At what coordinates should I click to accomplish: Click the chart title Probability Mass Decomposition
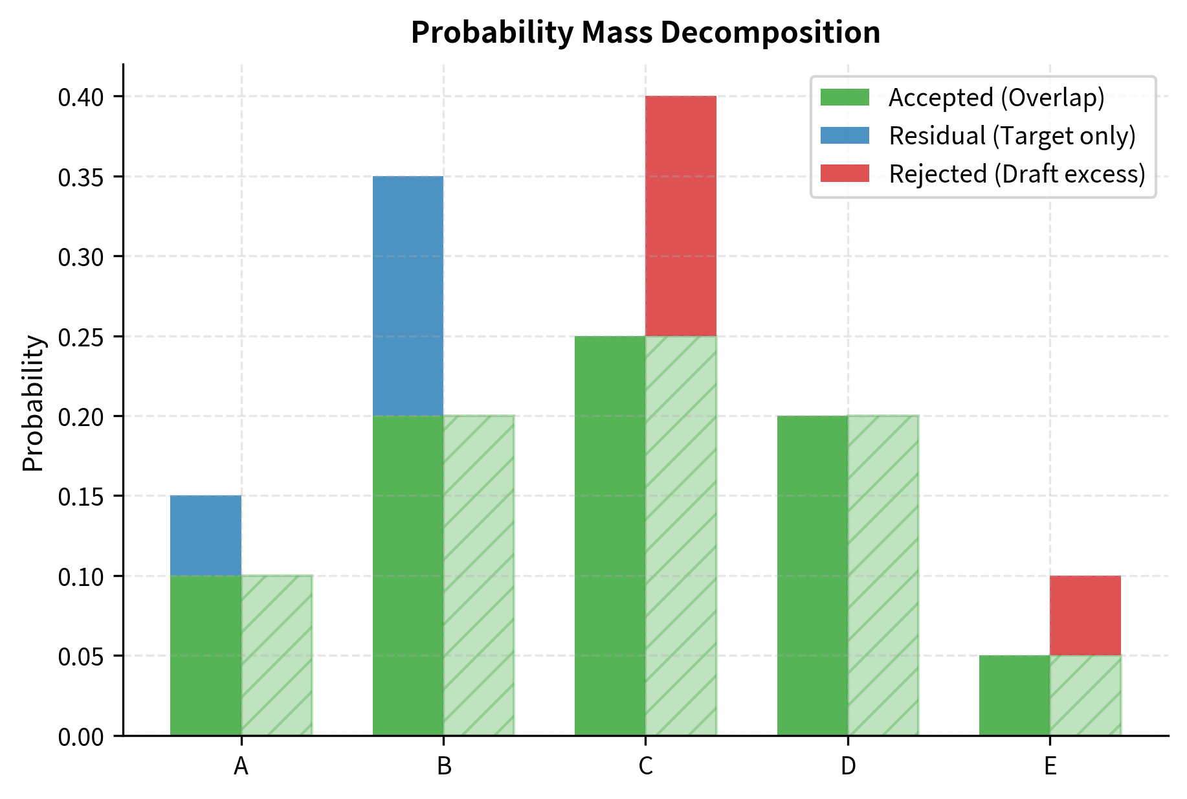click(x=645, y=32)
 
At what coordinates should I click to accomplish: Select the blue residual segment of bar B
click(x=408, y=295)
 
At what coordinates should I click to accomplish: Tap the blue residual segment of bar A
click(x=206, y=535)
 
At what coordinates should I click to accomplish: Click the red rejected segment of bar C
click(x=681, y=216)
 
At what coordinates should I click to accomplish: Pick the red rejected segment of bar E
click(x=1085, y=615)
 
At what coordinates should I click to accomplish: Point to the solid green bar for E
click(x=1014, y=695)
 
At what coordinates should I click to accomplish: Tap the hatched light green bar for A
click(x=277, y=655)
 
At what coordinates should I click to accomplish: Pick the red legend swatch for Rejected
click(x=845, y=174)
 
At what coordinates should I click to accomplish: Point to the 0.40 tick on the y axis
click(x=81, y=97)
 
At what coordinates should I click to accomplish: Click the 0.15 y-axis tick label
click(x=81, y=497)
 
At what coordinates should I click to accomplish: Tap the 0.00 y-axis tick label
click(x=81, y=737)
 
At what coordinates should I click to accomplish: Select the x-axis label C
click(x=645, y=766)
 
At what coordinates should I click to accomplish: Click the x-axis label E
click(x=1050, y=766)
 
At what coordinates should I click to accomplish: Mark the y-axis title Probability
click(x=33, y=403)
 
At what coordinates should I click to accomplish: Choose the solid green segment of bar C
click(x=610, y=535)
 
